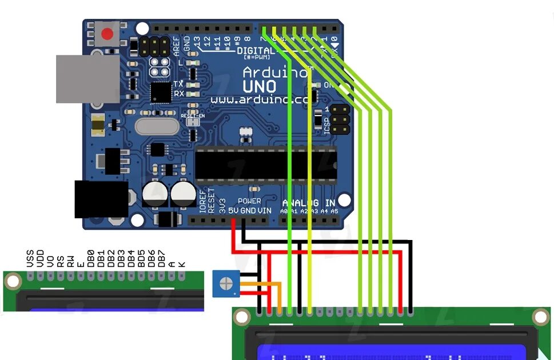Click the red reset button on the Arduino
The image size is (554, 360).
(107, 34)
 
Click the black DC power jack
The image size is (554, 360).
(101, 199)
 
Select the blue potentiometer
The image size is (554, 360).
(226, 284)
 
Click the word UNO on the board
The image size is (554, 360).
(260, 86)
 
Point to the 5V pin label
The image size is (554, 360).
(233, 210)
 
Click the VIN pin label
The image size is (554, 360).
(265, 210)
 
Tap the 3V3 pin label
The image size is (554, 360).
(222, 206)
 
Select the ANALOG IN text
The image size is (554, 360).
(309, 202)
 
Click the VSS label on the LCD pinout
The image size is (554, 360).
(30, 258)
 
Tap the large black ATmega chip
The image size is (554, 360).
(266, 165)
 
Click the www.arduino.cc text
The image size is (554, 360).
(259, 99)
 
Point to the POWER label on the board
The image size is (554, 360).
(249, 201)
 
